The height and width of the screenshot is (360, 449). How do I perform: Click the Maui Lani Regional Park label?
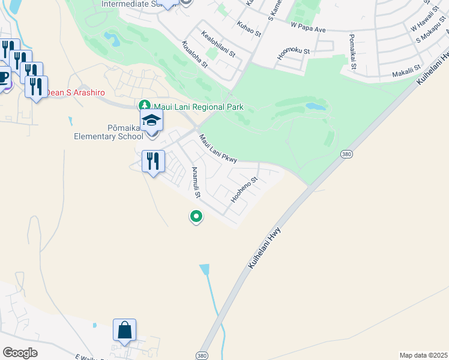coord(198,107)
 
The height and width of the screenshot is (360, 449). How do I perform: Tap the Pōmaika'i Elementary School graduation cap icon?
coord(152,120)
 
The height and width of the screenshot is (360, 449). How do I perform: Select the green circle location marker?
coord(195,216)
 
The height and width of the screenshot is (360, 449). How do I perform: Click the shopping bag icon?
coord(124,330)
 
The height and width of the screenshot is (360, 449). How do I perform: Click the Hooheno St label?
coord(245,188)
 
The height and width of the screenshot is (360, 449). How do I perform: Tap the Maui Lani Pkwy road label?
coord(218,148)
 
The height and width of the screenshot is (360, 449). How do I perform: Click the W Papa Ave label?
coord(307,27)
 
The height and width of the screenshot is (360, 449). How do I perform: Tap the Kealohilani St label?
coord(218,45)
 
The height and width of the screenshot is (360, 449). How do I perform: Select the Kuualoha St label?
coord(195,54)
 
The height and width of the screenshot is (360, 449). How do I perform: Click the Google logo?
coord(19,352)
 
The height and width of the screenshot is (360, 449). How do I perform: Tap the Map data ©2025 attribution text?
coord(423,355)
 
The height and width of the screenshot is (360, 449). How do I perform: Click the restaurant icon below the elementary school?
coord(153,161)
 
